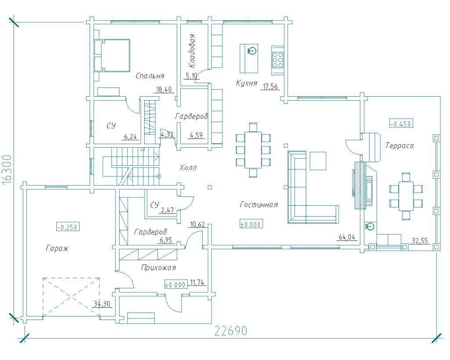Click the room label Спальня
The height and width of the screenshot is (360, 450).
coord(150,76)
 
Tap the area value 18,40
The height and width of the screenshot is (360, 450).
coord(164,89)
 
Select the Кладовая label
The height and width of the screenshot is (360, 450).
coord(192,51)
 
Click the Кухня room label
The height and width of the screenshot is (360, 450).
coord(246,83)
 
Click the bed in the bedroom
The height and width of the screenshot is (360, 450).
coord(112,55)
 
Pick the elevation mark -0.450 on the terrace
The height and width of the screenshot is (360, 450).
coord(401,124)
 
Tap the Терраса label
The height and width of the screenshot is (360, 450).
coord(399,145)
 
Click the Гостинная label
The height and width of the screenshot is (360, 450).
coord(259,205)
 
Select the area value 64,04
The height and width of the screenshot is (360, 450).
coord(347,237)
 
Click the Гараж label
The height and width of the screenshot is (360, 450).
coord(57,248)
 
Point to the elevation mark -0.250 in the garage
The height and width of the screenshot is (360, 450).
coord(68,227)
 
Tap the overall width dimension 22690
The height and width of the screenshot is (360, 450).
coord(231,331)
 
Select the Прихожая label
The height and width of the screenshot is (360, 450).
coord(158,268)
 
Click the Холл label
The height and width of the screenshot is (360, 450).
coord(188,167)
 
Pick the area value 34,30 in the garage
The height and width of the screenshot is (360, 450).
coord(102,304)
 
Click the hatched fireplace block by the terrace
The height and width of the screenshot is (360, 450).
coord(360,185)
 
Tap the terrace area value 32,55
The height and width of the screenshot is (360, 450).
coord(420,240)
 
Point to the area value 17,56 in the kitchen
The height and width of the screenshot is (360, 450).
coord(270,87)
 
